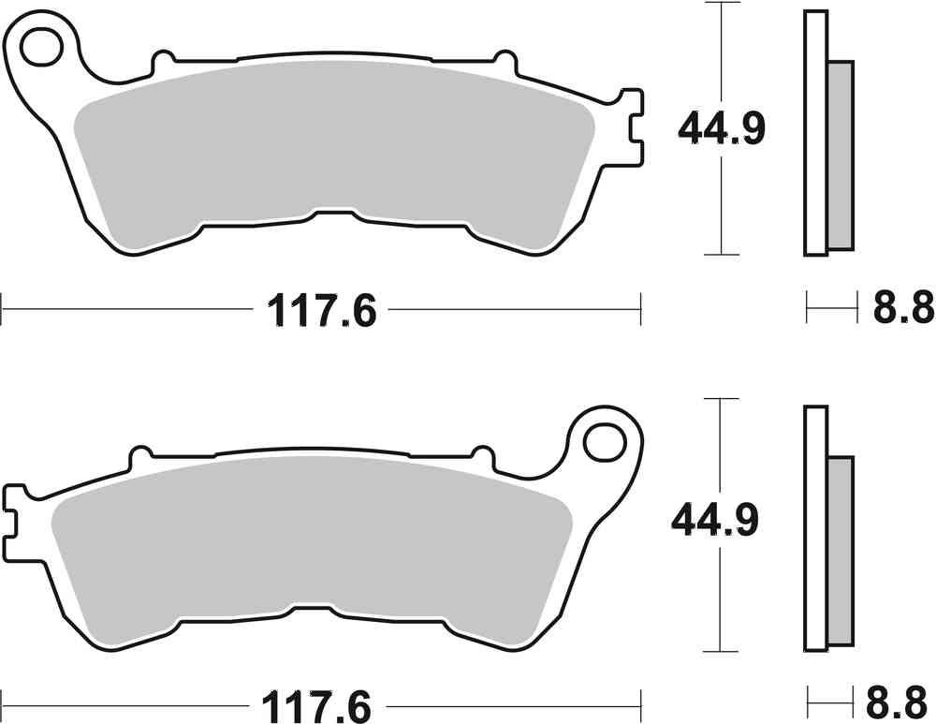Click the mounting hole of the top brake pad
(41, 48)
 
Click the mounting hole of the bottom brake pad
(604, 438)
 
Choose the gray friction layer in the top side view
(841, 155)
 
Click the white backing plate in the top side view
(815, 132)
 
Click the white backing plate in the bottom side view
(815, 529)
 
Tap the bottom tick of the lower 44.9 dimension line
(717, 651)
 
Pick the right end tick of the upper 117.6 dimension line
(640, 308)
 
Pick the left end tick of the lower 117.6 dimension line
(3, 701)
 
